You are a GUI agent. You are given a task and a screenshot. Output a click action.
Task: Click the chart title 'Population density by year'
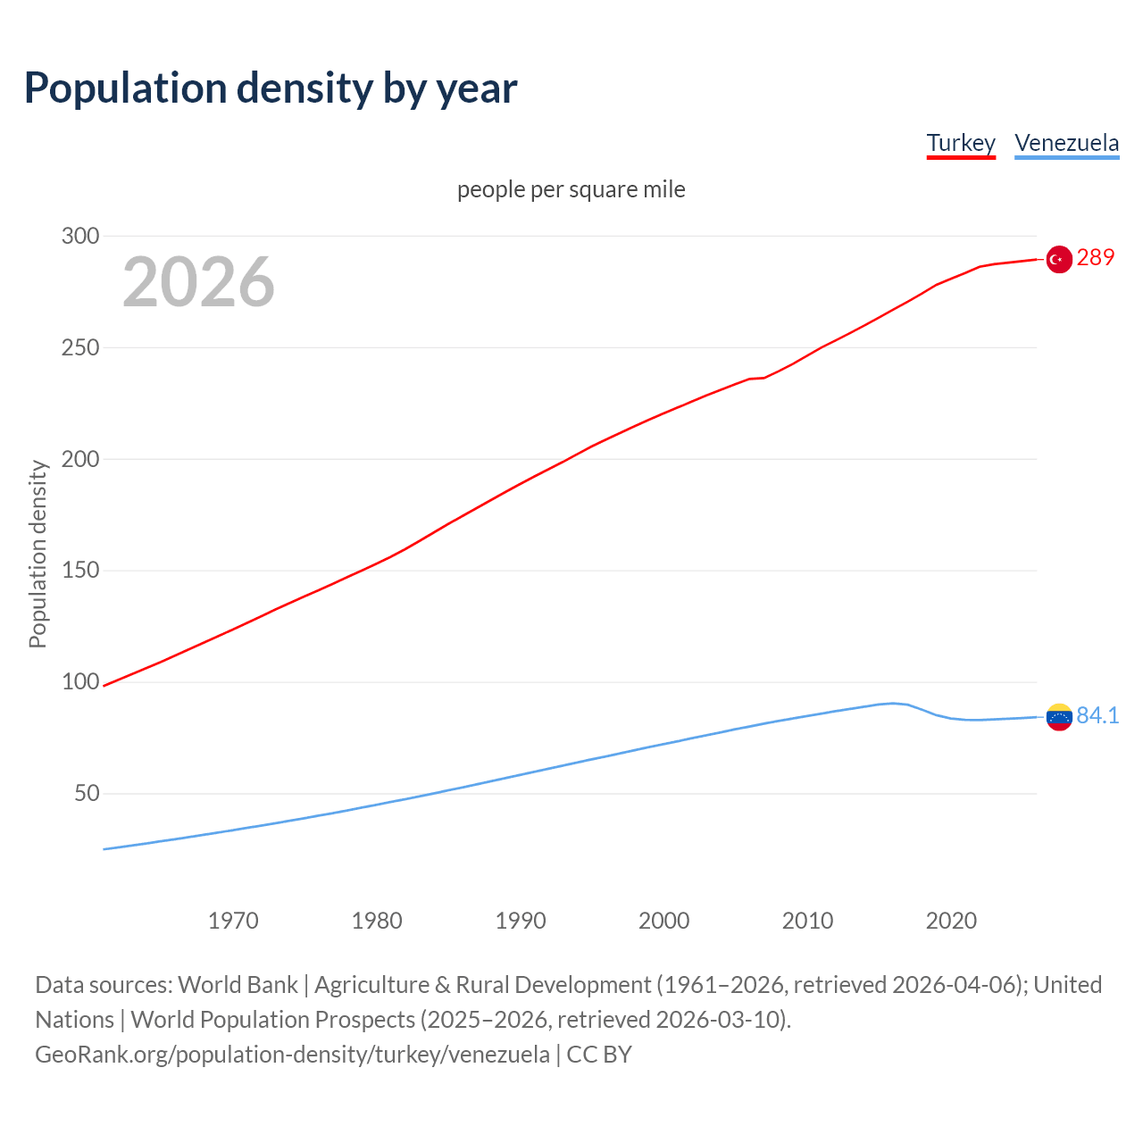(x=271, y=88)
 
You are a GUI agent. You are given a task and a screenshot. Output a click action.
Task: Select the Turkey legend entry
(x=961, y=143)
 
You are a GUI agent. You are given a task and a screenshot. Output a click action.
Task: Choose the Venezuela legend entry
(x=1066, y=143)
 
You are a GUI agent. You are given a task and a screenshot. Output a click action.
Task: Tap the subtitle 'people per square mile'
(x=571, y=189)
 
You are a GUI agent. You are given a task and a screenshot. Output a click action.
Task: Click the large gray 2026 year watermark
(x=198, y=282)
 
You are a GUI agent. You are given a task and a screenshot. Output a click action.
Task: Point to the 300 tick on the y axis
(x=79, y=236)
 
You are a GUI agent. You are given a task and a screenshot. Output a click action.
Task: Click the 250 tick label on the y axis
(x=79, y=347)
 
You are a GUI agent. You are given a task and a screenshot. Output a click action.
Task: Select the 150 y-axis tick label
(x=79, y=571)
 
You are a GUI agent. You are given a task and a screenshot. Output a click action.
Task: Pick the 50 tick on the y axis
(x=86, y=793)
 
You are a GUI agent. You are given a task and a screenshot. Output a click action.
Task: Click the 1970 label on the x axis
(x=233, y=921)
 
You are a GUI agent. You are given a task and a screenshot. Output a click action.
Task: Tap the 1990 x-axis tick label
(x=521, y=921)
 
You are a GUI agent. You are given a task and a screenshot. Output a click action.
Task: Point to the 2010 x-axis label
(x=807, y=921)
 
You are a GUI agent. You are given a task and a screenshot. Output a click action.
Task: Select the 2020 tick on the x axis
(x=951, y=921)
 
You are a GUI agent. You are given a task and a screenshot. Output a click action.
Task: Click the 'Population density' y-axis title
(x=38, y=554)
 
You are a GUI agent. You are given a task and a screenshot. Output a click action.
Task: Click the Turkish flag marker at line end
(x=1058, y=259)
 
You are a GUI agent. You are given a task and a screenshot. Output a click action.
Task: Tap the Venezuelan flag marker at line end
(x=1058, y=717)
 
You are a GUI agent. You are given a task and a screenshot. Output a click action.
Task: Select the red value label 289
(x=1096, y=257)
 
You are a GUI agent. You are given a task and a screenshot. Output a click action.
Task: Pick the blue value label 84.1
(x=1097, y=715)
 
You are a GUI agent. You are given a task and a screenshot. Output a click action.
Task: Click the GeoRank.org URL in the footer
(x=292, y=1055)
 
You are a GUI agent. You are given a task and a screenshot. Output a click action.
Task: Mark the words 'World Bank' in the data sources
(x=238, y=985)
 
